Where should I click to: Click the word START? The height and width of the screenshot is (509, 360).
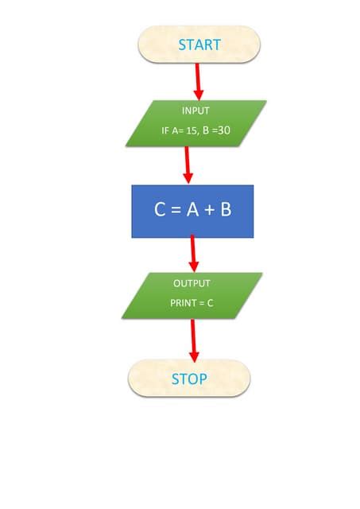click(199, 45)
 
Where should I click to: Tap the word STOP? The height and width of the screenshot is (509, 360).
click(189, 379)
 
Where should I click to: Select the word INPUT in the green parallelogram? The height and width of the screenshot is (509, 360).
click(196, 111)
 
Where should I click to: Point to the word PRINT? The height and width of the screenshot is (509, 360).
click(182, 303)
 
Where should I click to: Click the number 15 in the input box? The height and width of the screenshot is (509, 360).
click(192, 130)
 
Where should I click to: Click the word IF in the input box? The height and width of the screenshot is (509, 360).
click(165, 130)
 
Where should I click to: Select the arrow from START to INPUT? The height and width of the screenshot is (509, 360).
click(197, 81)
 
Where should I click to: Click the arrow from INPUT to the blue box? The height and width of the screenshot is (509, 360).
click(188, 165)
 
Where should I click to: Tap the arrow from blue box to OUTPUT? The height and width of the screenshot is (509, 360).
click(192, 254)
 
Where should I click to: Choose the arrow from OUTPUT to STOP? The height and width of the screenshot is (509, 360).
click(192, 342)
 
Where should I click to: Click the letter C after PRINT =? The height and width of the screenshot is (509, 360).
click(210, 303)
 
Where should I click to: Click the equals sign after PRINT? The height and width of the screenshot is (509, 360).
click(200, 303)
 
